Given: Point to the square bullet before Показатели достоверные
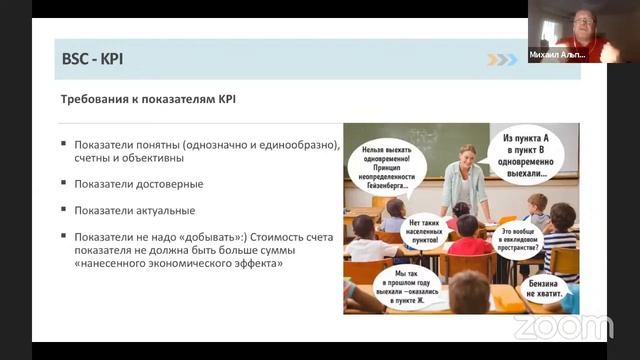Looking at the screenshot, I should [x=64, y=184].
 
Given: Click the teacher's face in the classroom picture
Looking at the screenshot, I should [x=466, y=156].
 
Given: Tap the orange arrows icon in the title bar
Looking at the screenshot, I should [x=502, y=59].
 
